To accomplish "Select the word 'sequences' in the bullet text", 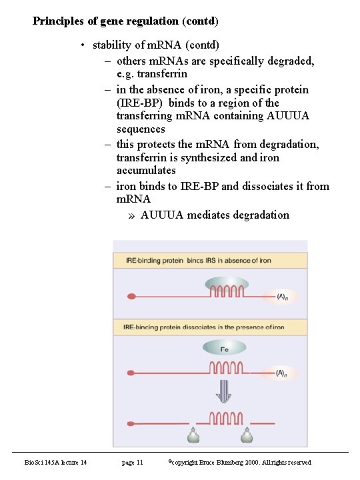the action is [141, 129].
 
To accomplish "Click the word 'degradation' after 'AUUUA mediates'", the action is [259, 215].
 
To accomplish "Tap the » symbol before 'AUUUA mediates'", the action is [132, 215].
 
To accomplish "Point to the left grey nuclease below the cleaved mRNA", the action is [193, 436].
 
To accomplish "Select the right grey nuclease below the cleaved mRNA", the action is [247, 436].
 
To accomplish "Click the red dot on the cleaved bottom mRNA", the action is [131, 422].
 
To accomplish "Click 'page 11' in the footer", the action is [133, 463].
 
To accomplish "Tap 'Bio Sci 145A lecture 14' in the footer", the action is [55, 463].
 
